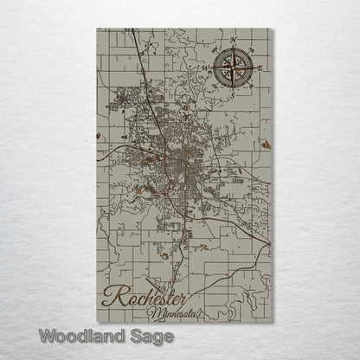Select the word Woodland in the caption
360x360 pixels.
(x=84, y=334)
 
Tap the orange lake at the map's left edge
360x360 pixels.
(x=100, y=136)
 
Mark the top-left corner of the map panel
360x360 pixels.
(x=96, y=29)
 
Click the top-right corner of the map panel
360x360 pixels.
(x=271, y=29)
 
